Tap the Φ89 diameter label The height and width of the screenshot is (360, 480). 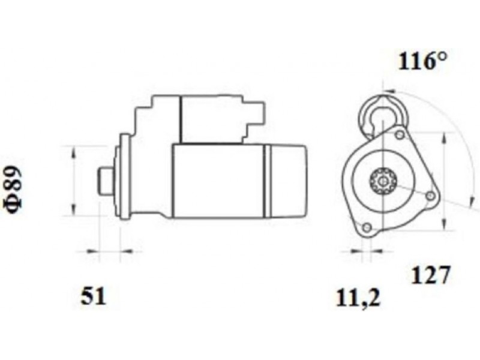click(x=14, y=190)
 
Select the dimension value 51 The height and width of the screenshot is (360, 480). click(x=94, y=296)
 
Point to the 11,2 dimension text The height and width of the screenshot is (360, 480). click(x=358, y=298)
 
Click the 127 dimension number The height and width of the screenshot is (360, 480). click(x=431, y=275)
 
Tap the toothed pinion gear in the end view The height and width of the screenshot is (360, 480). click(x=383, y=181)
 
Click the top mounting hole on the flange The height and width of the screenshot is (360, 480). click(x=400, y=134)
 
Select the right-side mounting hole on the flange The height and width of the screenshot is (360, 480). click(x=430, y=196)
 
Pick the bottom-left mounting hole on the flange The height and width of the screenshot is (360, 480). click(x=367, y=227)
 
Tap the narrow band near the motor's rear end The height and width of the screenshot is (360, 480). click(x=268, y=181)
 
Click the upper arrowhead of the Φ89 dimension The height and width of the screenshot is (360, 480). click(x=73, y=152)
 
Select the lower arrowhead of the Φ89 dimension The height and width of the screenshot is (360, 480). click(x=73, y=211)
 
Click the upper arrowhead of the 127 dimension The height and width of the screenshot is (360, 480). click(x=444, y=138)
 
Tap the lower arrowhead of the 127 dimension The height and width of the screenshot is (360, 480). click(x=444, y=224)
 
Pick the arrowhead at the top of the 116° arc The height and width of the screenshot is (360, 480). click(x=389, y=91)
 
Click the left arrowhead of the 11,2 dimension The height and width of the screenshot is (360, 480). click(x=356, y=251)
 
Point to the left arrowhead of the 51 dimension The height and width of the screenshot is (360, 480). click(x=93, y=251)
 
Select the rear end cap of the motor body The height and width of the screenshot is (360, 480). click(x=289, y=181)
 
